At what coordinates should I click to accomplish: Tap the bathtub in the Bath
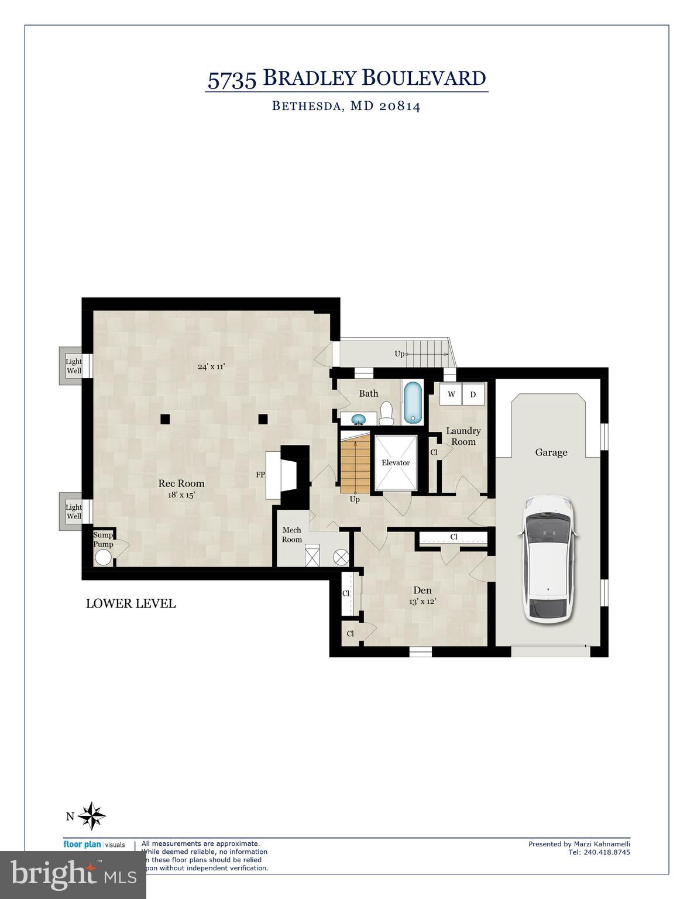pos(413,403)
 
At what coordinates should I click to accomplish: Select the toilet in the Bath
pos(386,413)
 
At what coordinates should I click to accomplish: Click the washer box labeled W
pos(451,394)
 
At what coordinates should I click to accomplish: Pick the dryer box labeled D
pos(473,394)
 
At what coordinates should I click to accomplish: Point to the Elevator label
pos(396,462)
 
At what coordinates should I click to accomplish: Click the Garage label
pos(551,452)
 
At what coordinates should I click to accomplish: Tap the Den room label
pos(422,590)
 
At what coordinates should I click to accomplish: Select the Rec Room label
pos(181,483)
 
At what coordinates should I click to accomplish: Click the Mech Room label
pos(292,534)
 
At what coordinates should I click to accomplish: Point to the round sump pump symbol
pos(104,557)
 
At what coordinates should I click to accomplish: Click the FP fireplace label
pos(260,475)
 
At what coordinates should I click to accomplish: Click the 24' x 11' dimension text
pos(211,366)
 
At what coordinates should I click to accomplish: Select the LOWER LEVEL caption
pos(130,603)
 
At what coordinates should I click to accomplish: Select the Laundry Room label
pos(463,436)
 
